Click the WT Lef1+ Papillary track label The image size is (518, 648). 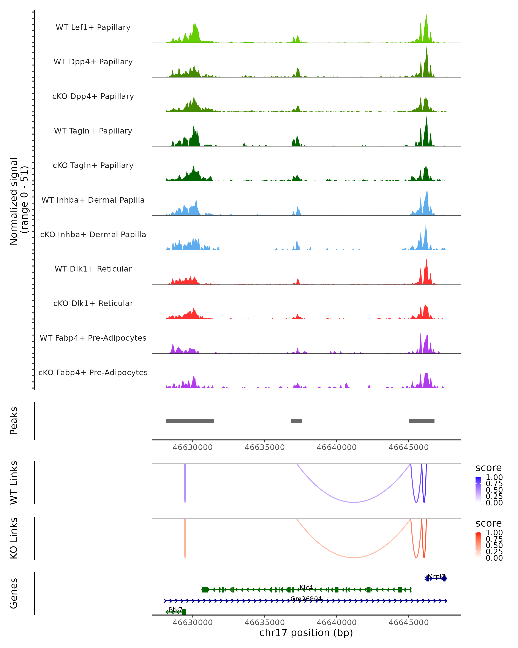point(93,27)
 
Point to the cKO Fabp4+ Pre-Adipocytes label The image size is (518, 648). point(93,372)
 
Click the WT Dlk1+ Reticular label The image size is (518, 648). point(93,269)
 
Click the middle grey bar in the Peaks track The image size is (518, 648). point(296,421)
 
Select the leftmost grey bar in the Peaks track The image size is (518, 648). point(190,421)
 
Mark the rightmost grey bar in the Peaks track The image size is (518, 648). point(422,421)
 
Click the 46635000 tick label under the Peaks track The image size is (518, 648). point(265,447)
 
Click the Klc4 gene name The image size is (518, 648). point(306,587)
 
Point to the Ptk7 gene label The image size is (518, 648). point(175,610)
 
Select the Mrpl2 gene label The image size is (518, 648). point(436,576)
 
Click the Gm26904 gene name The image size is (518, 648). point(306,599)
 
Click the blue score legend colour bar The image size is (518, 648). point(478,489)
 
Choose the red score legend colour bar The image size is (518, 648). point(478,545)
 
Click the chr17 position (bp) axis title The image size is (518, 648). point(306,633)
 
